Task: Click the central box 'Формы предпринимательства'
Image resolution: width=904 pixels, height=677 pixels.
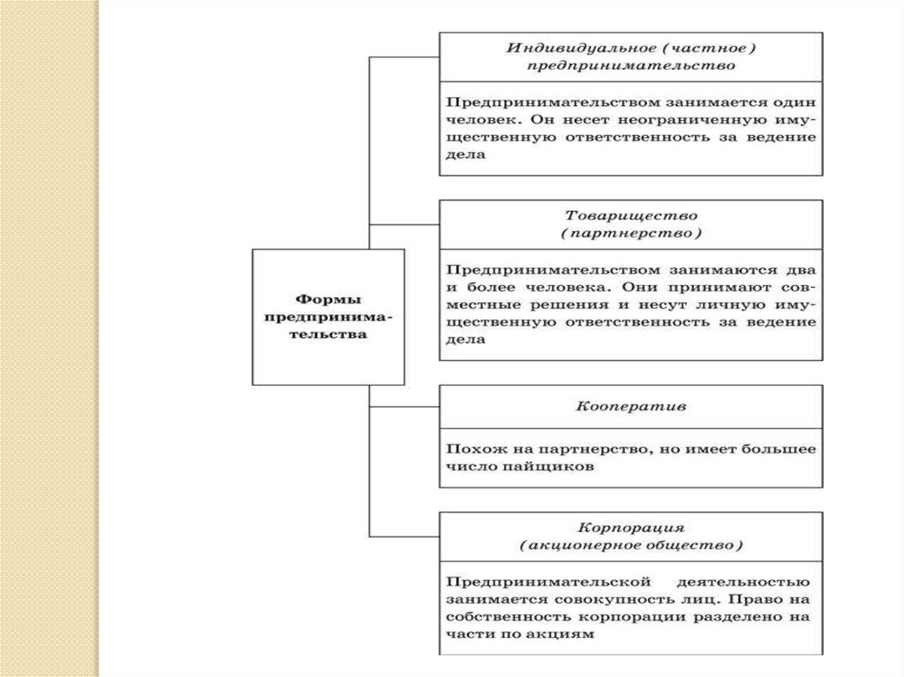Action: coord(328,318)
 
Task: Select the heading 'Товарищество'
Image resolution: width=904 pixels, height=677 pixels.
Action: coord(631,215)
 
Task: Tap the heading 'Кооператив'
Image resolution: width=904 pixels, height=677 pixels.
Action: coord(631,410)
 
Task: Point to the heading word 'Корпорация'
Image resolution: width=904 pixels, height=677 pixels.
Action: coord(631,527)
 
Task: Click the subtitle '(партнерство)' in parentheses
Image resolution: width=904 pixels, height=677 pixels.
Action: coord(631,234)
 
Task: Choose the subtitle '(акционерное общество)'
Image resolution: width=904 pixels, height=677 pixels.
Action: coord(631,546)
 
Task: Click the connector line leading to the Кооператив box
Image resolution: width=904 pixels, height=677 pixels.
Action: coord(404,407)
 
